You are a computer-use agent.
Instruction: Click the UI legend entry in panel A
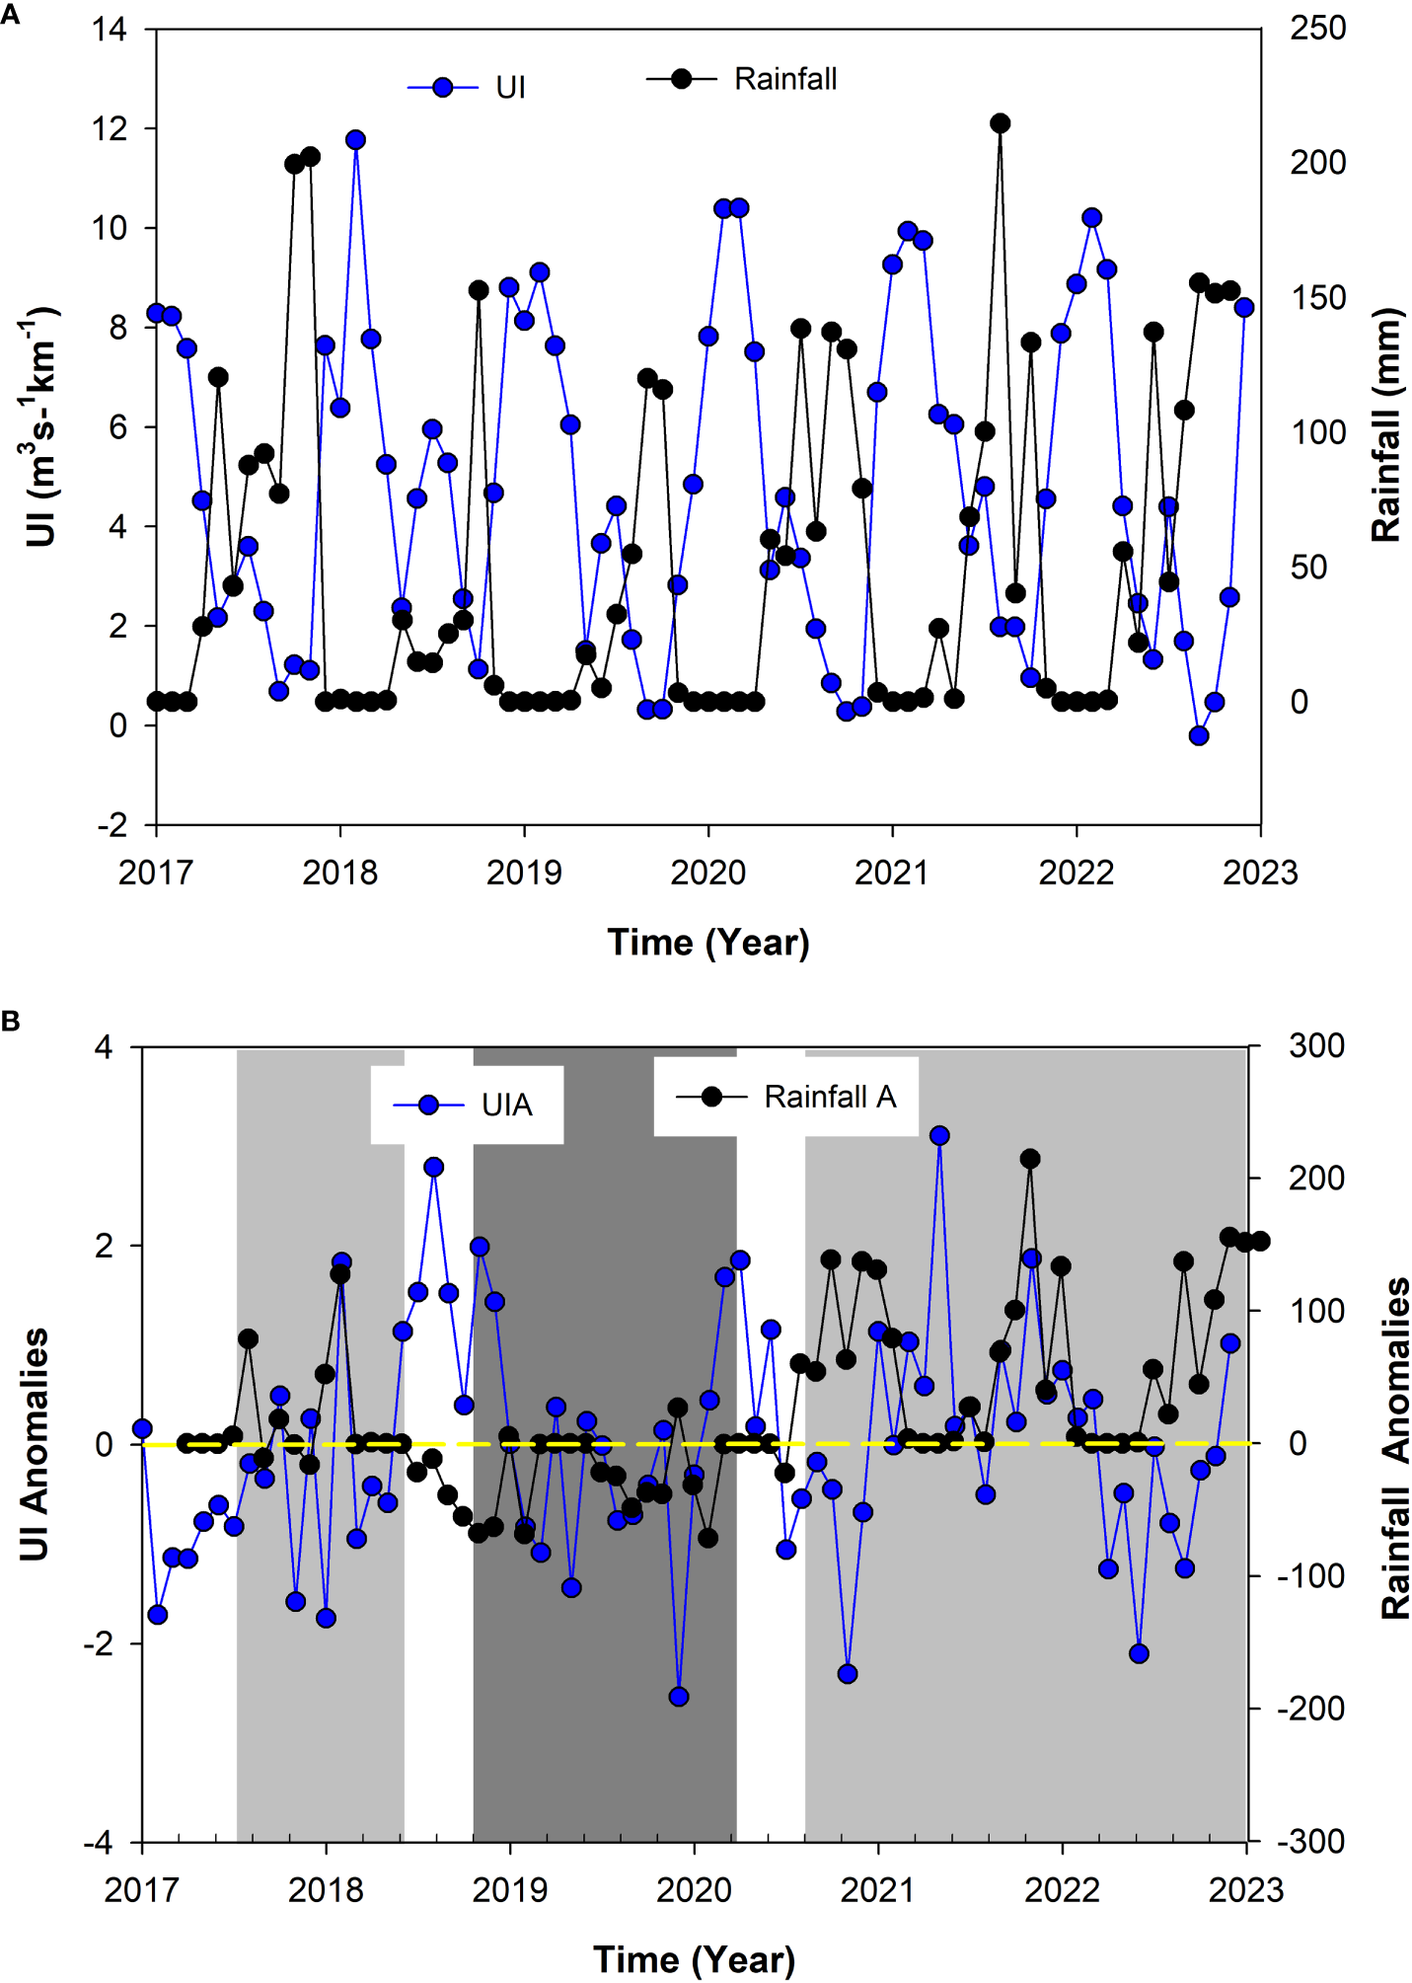[468, 88]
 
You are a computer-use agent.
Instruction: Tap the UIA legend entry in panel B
[467, 1105]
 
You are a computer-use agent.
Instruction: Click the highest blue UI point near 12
[355, 140]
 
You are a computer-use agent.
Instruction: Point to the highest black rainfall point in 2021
[1000, 123]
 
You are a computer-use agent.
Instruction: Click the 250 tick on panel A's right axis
[1317, 29]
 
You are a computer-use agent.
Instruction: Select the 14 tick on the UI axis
[110, 29]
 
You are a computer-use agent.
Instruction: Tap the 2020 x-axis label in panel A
[707, 873]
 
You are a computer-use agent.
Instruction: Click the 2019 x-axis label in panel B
[509, 1889]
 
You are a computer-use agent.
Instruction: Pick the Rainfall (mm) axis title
[1386, 425]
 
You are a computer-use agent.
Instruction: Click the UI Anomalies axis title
[35, 1444]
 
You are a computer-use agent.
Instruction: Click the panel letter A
[10, 14]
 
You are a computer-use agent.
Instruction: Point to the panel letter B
[10, 1021]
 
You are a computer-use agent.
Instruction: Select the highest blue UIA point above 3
[939, 1136]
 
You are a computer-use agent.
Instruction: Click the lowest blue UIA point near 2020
[678, 1697]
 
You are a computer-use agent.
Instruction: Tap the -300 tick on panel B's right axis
[1310, 1842]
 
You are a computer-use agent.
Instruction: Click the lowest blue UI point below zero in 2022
[1199, 735]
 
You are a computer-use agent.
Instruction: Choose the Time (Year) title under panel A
[707, 943]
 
